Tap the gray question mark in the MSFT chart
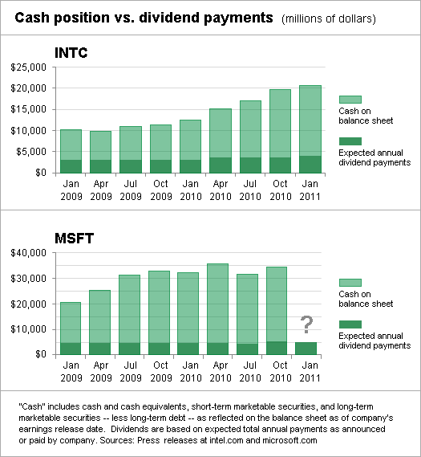(x=306, y=325)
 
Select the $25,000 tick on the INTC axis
(x=27, y=67)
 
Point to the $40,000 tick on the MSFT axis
(x=27, y=253)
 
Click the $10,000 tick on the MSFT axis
(x=27, y=329)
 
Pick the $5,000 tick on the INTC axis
(x=30, y=152)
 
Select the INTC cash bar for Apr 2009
(x=100, y=145)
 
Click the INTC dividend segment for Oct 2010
(x=281, y=165)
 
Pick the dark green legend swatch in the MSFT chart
(x=350, y=328)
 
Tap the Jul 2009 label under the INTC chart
(x=131, y=189)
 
